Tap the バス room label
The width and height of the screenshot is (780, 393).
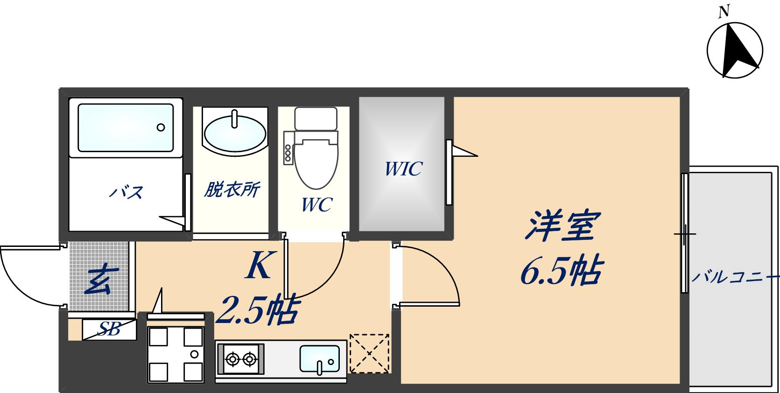[126, 192]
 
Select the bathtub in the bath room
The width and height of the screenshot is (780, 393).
[125, 127]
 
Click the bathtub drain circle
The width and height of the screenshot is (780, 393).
[161, 127]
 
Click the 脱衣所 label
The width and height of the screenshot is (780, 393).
[232, 190]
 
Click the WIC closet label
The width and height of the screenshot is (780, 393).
[403, 168]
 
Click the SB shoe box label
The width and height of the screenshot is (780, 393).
[109, 330]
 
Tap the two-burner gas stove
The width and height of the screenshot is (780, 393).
[241, 359]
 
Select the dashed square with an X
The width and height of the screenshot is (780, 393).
[369, 353]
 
